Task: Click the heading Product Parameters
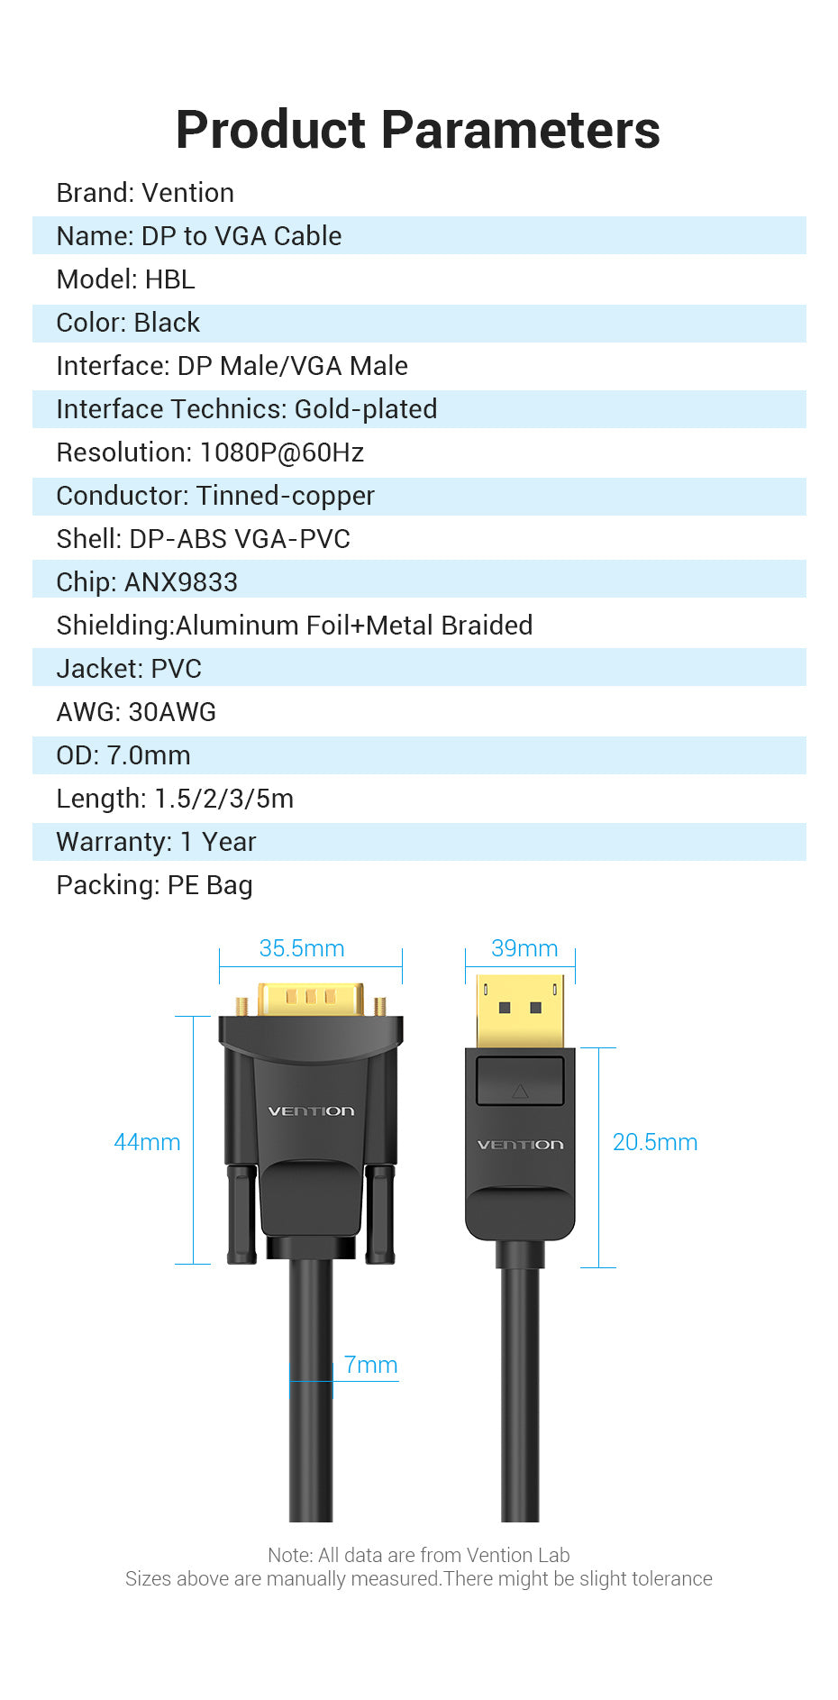click(418, 130)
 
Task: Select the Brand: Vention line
click(145, 193)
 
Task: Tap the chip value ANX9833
click(181, 582)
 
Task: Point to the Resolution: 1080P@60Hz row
click(210, 452)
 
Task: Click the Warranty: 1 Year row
click(156, 842)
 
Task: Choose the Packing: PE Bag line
click(154, 885)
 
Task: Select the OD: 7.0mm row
click(123, 755)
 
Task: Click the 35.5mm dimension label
click(302, 948)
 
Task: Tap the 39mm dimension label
click(524, 948)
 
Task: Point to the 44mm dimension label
click(147, 1142)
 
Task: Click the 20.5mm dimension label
click(655, 1142)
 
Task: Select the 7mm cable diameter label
click(371, 1365)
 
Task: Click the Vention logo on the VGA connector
click(311, 1111)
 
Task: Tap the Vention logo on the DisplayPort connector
click(520, 1145)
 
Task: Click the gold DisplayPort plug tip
click(520, 1010)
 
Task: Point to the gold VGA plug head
click(311, 999)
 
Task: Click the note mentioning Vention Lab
click(419, 1555)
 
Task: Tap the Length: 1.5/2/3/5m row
click(175, 799)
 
